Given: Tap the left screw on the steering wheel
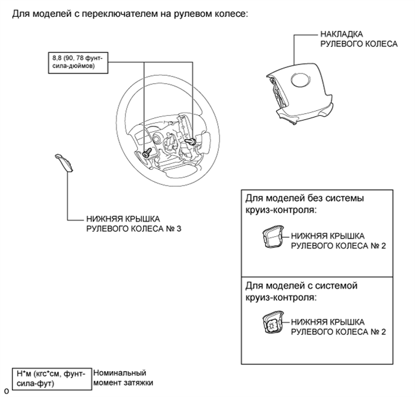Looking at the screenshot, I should [147, 152].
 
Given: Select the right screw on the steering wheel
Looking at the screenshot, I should [192, 141].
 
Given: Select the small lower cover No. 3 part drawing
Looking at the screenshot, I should [67, 163].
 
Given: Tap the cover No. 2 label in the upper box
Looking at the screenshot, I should [338, 241].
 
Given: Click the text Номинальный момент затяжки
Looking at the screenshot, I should [121, 378].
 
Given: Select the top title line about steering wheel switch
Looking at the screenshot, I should [130, 14].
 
